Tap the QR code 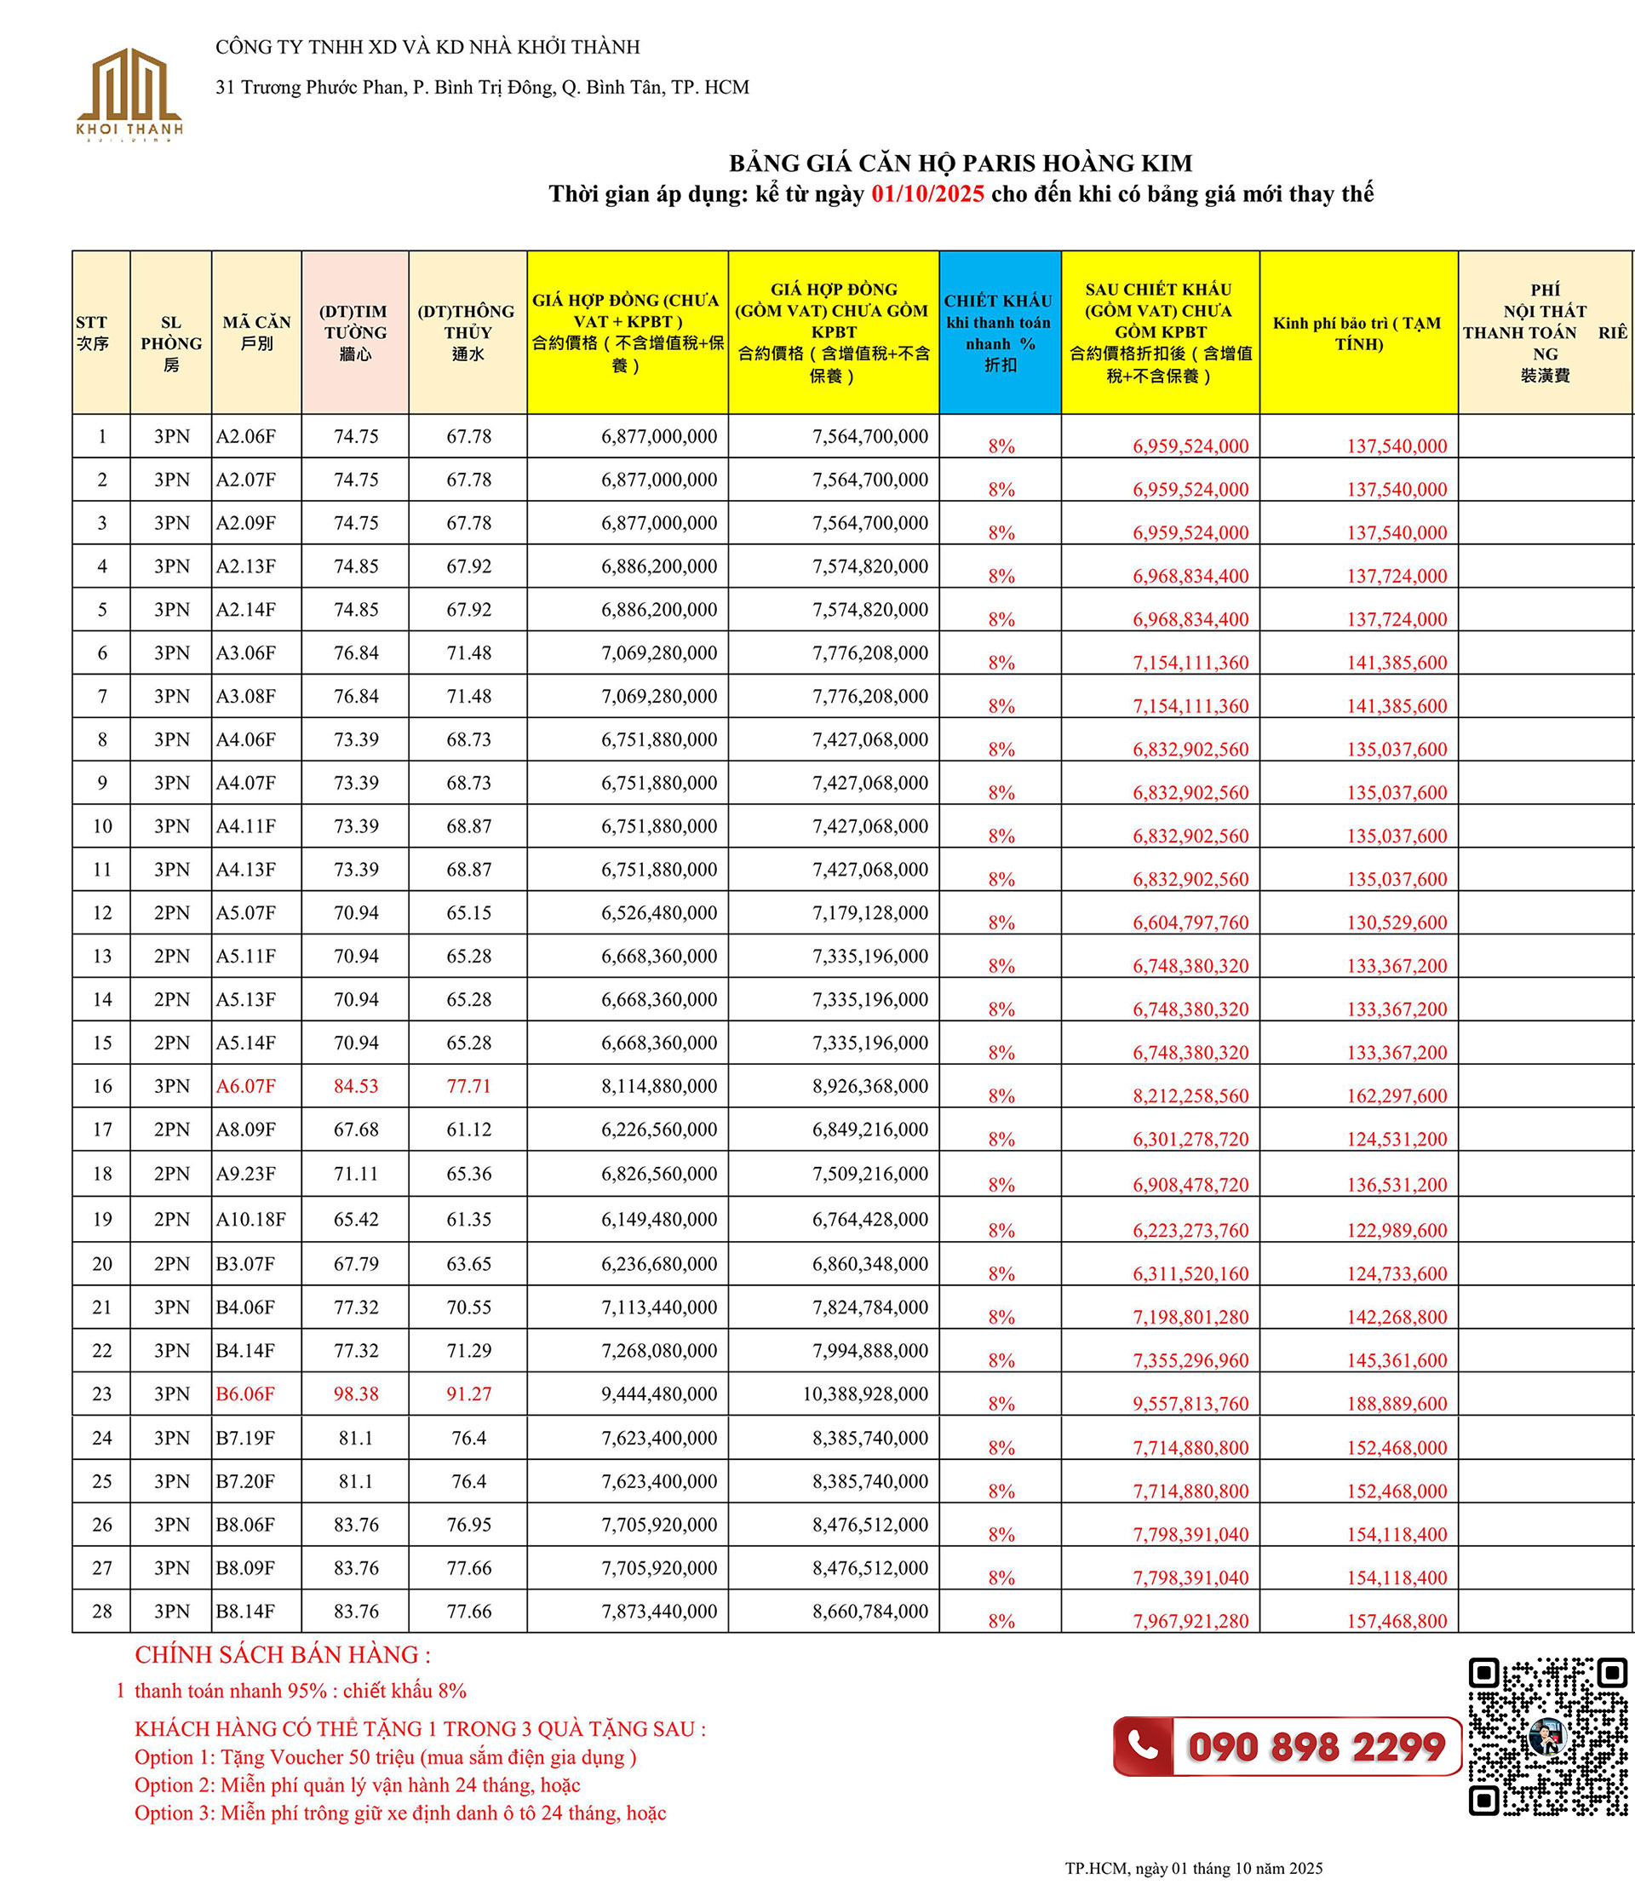point(1547,1749)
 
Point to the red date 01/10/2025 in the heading point(927,193)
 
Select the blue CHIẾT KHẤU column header point(999,332)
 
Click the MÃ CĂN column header point(256,332)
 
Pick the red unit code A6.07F point(245,1086)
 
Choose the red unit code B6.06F point(244,1394)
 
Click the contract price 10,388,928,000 point(865,1394)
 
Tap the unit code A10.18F point(251,1219)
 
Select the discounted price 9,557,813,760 point(1190,1403)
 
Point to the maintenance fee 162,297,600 point(1396,1095)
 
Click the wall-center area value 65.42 point(356,1219)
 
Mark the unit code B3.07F point(244,1264)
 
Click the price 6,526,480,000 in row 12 point(659,912)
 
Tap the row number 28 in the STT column point(102,1612)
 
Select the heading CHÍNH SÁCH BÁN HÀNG point(283,1654)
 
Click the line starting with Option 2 point(357,1784)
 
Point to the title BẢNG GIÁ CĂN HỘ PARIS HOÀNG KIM point(960,164)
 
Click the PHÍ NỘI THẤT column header point(1545,332)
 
